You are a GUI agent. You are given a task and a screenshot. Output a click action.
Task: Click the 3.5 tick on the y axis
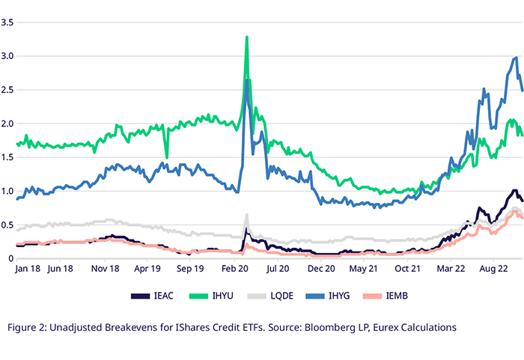point(7,22)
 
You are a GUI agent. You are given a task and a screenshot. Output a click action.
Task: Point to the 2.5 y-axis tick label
point(7,90)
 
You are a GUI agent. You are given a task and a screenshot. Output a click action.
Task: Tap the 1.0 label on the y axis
point(7,191)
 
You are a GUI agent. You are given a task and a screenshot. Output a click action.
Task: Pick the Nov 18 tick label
point(105,269)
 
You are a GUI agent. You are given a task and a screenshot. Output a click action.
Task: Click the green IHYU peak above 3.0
point(246,37)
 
